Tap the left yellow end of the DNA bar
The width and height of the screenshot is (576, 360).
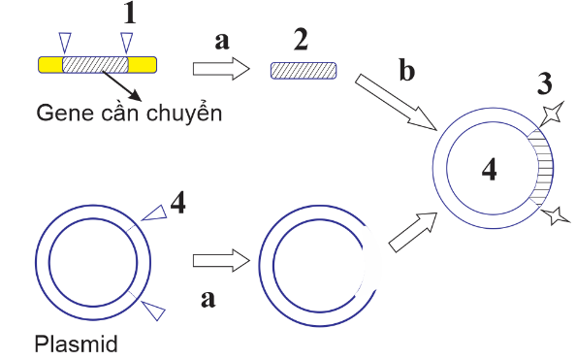(49, 65)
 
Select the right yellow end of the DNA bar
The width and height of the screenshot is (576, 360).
(142, 65)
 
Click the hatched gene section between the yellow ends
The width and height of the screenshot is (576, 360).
(95, 65)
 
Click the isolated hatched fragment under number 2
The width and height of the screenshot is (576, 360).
(304, 70)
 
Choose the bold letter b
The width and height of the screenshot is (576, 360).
(408, 72)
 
